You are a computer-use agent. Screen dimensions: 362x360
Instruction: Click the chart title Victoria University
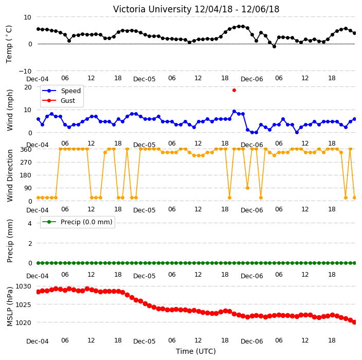click(x=152, y=9)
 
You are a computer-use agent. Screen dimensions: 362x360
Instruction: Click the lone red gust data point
click(x=234, y=91)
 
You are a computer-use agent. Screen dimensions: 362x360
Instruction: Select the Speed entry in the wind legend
click(x=61, y=91)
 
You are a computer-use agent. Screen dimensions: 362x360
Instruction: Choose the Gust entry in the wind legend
click(x=59, y=100)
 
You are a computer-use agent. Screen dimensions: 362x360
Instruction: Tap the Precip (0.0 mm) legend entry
click(x=77, y=222)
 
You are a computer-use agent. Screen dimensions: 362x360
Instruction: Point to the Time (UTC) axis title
click(x=196, y=351)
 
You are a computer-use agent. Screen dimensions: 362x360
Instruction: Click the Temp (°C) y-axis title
click(x=9, y=44)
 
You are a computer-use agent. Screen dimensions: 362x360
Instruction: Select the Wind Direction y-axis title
click(x=10, y=176)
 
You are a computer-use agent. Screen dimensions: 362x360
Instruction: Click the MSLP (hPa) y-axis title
click(x=10, y=307)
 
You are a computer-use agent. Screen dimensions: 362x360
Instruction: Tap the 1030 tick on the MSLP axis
click(x=23, y=286)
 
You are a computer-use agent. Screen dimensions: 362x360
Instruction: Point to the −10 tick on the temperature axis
click(x=25, y=71)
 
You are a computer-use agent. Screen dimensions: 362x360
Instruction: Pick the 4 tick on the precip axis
click(x=30, y=223)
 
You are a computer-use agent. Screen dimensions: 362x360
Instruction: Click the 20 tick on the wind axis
click(x=28, y=87)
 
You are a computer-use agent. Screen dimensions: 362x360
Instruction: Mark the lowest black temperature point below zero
click(x=274, y=46)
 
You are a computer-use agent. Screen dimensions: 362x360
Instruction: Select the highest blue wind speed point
click(x=234, y=112)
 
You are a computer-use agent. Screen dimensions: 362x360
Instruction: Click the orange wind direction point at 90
click(x=247, y=188)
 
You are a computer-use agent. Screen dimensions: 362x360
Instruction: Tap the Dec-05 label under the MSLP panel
click(x=144, y=341)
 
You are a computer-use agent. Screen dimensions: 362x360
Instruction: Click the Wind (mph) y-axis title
click(x=10, y=110)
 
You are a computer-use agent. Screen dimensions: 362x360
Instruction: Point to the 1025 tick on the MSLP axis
click(x=23, y=305)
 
